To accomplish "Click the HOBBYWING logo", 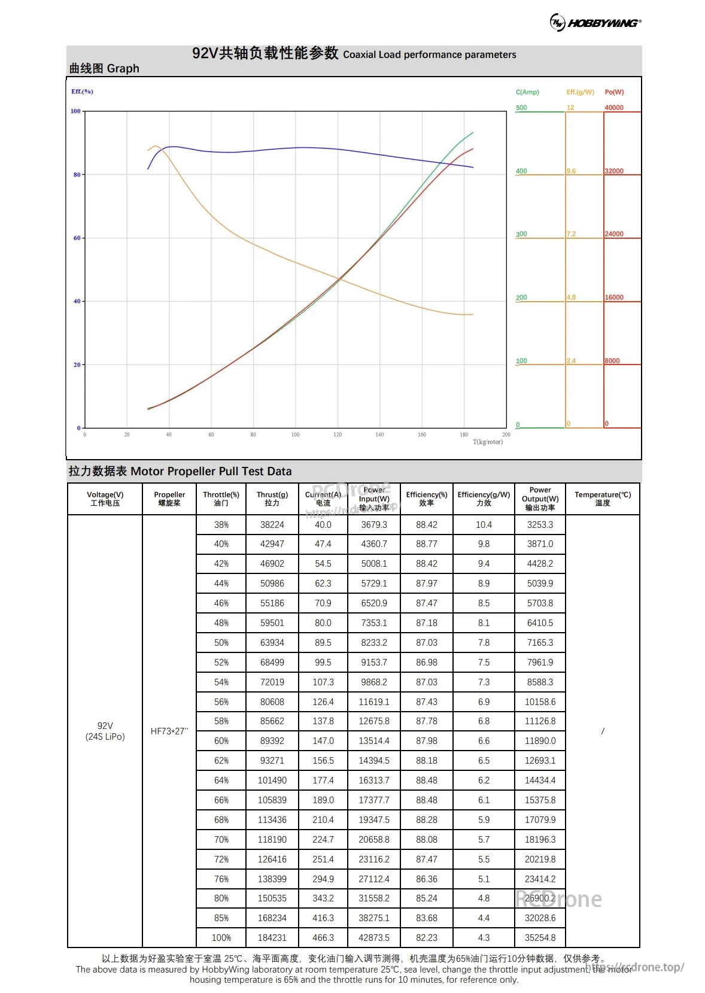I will [x=595, y=23].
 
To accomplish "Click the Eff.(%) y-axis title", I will [x=82, y=92].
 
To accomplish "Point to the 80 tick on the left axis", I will [x=77, y=175].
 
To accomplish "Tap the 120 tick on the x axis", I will [x=338, y=435].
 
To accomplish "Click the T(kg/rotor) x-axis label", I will [x=488, y=442].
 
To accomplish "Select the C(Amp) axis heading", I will [x=527, y=92].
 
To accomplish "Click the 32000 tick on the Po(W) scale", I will [x=614, y=171].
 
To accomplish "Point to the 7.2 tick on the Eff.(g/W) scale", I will [x=571, y=234].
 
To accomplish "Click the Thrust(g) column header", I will [x=272, y=499].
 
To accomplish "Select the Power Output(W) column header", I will [x=540, y=499].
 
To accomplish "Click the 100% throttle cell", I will [x=221, y=937].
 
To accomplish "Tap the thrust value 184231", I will [x=272, y=937].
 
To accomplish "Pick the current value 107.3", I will [x=323, y=682].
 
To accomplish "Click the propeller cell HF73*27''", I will [x=169, y=731].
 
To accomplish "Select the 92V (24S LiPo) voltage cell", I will [x=105, y=731].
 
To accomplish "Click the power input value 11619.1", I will [x=374, y=702].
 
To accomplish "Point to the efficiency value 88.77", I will [x=427, y=544].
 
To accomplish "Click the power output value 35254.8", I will [x=540, y=937].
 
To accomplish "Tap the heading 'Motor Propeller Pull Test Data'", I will [x=211, y=471].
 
